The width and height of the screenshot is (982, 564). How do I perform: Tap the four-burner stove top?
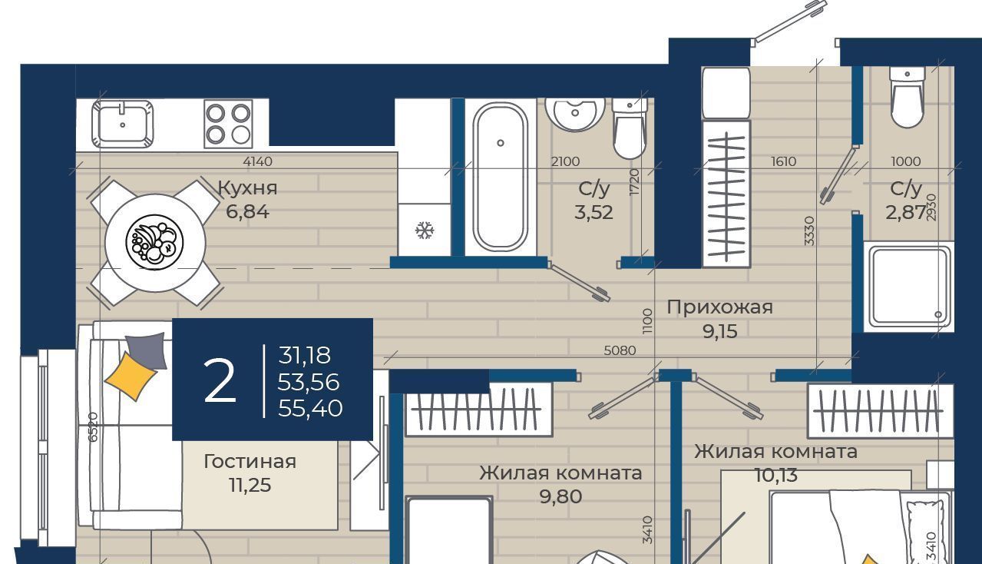228,124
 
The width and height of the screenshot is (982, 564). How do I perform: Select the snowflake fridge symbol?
425,231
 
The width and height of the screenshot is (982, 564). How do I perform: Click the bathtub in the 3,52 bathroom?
500,177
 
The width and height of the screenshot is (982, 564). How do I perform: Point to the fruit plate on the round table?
155,241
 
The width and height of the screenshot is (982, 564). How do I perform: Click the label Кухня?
248,188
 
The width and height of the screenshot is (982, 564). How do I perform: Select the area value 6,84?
248,212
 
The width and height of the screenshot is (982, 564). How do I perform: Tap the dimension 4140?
258,161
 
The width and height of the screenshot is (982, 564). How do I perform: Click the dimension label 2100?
566,161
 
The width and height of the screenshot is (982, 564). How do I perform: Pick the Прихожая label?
720,307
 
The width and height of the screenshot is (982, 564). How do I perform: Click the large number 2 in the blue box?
220,380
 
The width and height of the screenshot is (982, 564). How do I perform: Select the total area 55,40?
310,409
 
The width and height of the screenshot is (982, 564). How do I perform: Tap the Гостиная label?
250,461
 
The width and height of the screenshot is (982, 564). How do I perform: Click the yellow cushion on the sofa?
131,377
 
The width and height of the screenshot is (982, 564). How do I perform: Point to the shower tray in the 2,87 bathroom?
909,287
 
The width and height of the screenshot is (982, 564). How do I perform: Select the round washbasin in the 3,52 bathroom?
575,113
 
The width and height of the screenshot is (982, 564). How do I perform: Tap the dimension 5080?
620,350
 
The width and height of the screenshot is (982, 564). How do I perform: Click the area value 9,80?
561,496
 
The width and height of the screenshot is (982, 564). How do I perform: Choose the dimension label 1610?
784,161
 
